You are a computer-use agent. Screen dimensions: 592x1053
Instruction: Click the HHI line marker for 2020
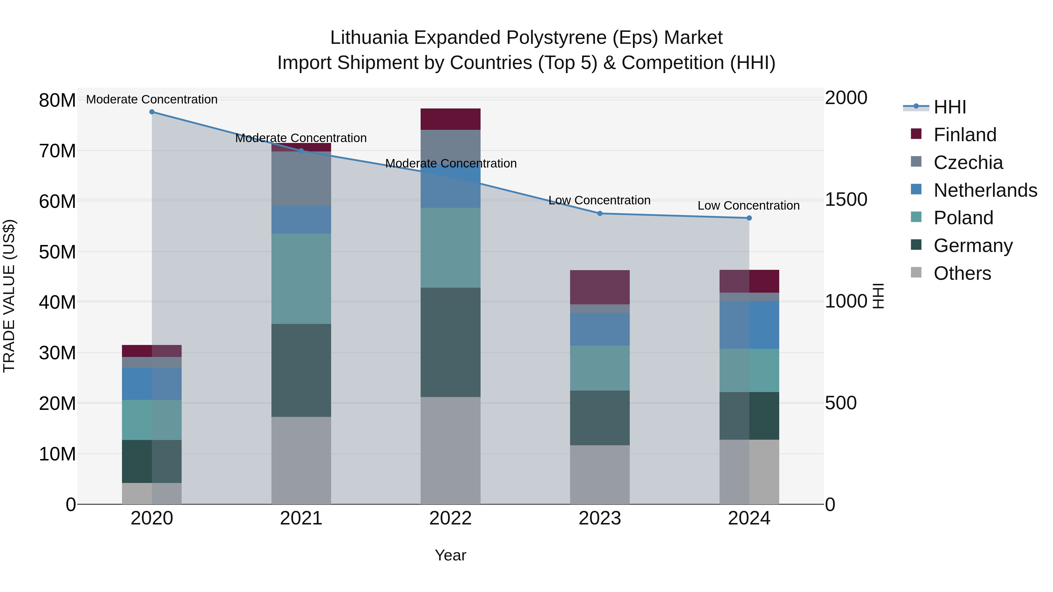tap(152, 112)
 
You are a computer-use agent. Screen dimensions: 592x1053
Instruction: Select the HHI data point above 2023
tap(600, 213)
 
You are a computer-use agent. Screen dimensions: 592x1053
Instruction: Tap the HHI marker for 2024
tap(749, 218)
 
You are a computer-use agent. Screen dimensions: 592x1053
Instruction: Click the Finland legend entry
tap(965, 134)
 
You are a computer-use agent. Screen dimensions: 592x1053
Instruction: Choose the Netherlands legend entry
tap(985, 190)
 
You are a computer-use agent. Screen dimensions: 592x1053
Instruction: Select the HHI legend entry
tap(949, 107)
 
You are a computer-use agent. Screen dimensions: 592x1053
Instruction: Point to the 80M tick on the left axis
tap(57, 100)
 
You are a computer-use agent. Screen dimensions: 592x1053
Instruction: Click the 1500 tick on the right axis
tap(846, 199)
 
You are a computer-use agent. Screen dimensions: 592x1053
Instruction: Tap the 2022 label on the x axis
tap(450, 518)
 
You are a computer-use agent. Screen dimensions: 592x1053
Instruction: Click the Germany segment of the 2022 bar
tap(450, 342)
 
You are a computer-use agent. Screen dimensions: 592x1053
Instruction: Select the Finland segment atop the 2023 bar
tap(600, 287)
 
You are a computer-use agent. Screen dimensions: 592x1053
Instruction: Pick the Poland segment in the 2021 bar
tap(301, 279)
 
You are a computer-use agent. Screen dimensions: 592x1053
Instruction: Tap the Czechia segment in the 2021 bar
tap(301, 179)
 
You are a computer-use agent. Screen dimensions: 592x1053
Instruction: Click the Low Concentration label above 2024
tap(749, 206)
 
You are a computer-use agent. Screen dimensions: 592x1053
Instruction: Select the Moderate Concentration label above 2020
tap(152, 99)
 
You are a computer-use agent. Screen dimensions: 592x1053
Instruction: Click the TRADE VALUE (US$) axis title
tap(9, 296)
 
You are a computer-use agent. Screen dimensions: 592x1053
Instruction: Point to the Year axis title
tap(450, 555)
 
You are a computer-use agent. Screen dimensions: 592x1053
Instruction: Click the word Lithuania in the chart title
tap(369, 38)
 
